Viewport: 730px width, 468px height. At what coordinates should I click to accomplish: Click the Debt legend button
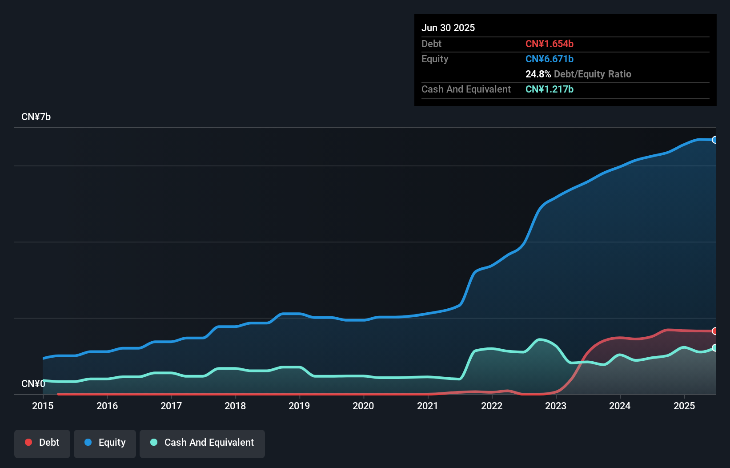click(42, 443)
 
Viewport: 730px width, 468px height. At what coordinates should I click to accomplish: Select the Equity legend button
click(105, 443)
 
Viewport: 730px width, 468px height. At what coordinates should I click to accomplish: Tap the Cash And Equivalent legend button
click(202, 443)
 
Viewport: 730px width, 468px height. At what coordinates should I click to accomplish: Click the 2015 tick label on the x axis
click(43, 406)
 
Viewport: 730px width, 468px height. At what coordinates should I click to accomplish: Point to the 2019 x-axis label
click(299, 406)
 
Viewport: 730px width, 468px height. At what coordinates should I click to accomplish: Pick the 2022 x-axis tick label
click(492, 406)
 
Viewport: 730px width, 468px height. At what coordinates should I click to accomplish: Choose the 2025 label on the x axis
click(684, 406)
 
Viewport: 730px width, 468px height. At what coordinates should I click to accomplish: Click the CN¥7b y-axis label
click(36, 117)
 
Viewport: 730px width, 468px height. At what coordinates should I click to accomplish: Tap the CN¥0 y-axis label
click(33, 383)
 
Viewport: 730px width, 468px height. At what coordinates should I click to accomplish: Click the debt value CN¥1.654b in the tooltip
click(550, 44)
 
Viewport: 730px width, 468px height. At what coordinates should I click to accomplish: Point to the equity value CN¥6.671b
click(550, 59)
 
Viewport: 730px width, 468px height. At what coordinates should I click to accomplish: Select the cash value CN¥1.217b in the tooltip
click(550, 89)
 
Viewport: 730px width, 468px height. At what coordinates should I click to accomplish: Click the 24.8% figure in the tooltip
click(538, 74)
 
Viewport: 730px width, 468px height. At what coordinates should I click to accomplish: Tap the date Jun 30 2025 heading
click(448, 28)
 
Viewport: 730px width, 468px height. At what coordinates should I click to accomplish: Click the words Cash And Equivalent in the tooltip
click(466, 89)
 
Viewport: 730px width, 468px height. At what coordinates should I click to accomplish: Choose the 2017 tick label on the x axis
click(171, 406)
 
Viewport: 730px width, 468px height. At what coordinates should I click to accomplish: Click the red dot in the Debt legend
click(28, 442)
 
